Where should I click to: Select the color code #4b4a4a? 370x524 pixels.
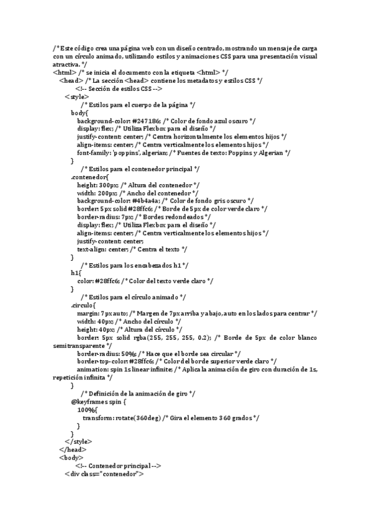pyautogui.click(x=146, y=200)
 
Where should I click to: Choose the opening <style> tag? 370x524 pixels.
pyautogui.click(x=77, y=96)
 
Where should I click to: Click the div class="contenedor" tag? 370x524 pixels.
pyautogui.click(x=104, y=475)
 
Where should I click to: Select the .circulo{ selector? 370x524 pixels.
pyautogui.click(x=83, y=305)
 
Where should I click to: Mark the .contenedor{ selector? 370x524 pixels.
pyautogui.click(x=90, y=177)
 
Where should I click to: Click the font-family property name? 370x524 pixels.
pyautogui.click(x=94, y=153)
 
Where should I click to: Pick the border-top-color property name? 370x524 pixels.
pyautogui.click(x=103, y=361)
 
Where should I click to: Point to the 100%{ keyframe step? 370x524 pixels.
pyautogui.click(x=87, y=410)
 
